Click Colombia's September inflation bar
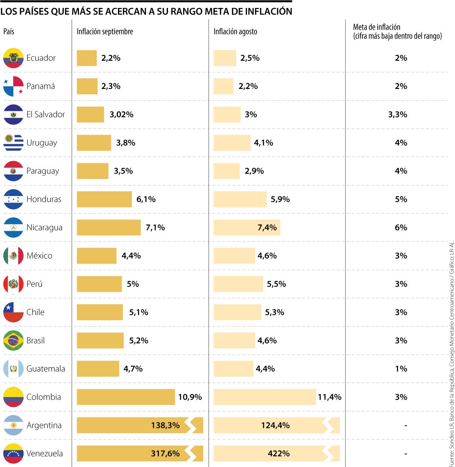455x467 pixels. pos(126,397)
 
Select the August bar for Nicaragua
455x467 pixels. pos(246,227)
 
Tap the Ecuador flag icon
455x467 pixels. pos(13,58)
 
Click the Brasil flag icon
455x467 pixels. pos(13,341)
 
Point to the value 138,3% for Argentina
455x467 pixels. pos(165,425)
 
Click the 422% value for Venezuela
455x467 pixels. pos(279,453)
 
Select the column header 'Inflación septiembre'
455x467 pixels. pos(105,32)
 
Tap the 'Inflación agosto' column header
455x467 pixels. pos(235,32)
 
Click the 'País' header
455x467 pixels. pos(9,32)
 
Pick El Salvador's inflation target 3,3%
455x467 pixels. pos(397,114)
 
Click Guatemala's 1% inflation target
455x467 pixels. pos(401,369)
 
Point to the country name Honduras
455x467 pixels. pos(44,199)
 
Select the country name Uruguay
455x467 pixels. pos(42,143)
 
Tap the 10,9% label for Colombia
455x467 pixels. pos(190,397)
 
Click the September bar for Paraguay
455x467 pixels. pos(93,171)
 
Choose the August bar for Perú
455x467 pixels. pos(238,284)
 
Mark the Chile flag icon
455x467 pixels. pos(13,312)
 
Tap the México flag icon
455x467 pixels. pos(13,256)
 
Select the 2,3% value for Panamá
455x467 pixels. pos(111,86)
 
